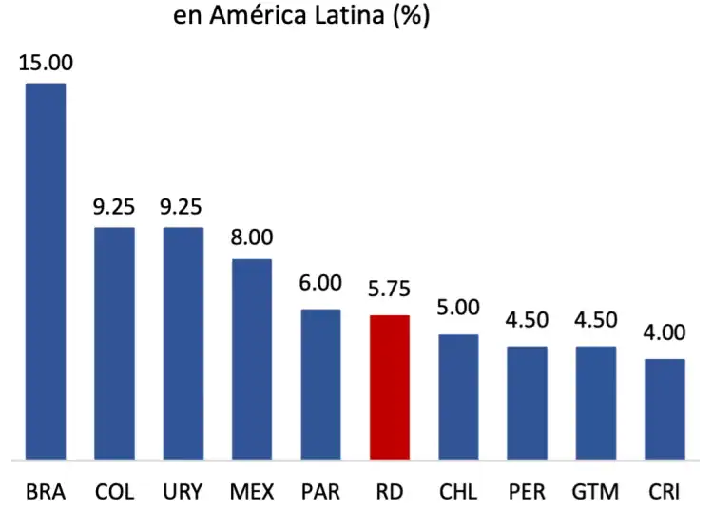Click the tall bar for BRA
pos(45,271)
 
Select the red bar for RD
pos(389,386)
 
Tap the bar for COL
pos(114,343)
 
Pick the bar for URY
pos(183,343)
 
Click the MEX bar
pos(252,359)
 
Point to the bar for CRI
pos(665,408)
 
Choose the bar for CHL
pos(458,396)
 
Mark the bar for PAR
pos(320,384)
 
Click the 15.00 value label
pos(45,64)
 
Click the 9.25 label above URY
pos(183,207)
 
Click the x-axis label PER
pos(527,492)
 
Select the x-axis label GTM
pos(596,492)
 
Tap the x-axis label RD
pos(389,492)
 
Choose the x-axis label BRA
pos(45,492)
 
